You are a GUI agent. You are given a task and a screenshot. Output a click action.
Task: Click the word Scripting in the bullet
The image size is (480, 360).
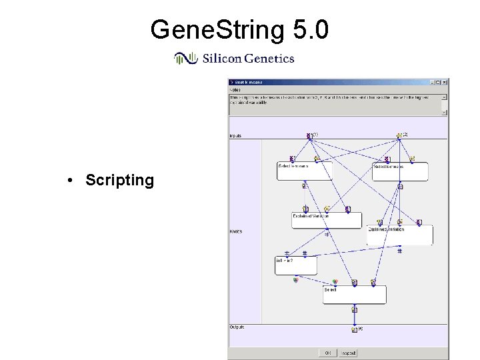click(119, 180)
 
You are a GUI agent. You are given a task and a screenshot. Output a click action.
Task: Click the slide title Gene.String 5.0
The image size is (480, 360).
click(239, 29)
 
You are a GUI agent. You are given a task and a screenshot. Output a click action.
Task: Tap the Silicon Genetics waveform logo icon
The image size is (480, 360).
click(186, 59)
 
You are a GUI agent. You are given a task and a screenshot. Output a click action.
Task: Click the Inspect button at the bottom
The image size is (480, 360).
click(349, 353)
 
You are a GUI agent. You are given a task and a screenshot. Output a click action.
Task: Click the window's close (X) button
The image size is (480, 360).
click(445, 83)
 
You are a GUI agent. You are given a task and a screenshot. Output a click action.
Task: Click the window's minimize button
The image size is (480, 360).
click(431, 83)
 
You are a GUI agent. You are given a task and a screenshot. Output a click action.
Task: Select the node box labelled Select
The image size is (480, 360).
click(354, 295)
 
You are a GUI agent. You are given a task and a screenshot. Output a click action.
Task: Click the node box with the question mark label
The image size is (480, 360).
click(295, 265)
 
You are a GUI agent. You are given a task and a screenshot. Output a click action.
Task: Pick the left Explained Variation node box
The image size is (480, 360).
click(326, 221)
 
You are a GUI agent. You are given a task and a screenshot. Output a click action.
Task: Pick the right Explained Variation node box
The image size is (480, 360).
click(399, 235)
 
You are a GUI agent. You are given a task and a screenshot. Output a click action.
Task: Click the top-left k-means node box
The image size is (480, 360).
click(304, 171)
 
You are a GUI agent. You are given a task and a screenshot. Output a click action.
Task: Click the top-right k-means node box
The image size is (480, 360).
click(399, 171)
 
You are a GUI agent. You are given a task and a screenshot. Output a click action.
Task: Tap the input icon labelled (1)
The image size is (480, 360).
click(309, 135)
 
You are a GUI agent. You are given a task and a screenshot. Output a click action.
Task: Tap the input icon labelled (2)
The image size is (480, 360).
click(399, 135)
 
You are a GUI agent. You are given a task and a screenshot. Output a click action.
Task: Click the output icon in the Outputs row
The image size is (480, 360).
click(355, 329)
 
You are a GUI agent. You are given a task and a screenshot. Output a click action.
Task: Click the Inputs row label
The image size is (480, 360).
click(235, 135)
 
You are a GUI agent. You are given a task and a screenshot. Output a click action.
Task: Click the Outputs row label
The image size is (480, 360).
click(237, 327)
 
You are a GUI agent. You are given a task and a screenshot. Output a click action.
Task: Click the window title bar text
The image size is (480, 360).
click(248, 83)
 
